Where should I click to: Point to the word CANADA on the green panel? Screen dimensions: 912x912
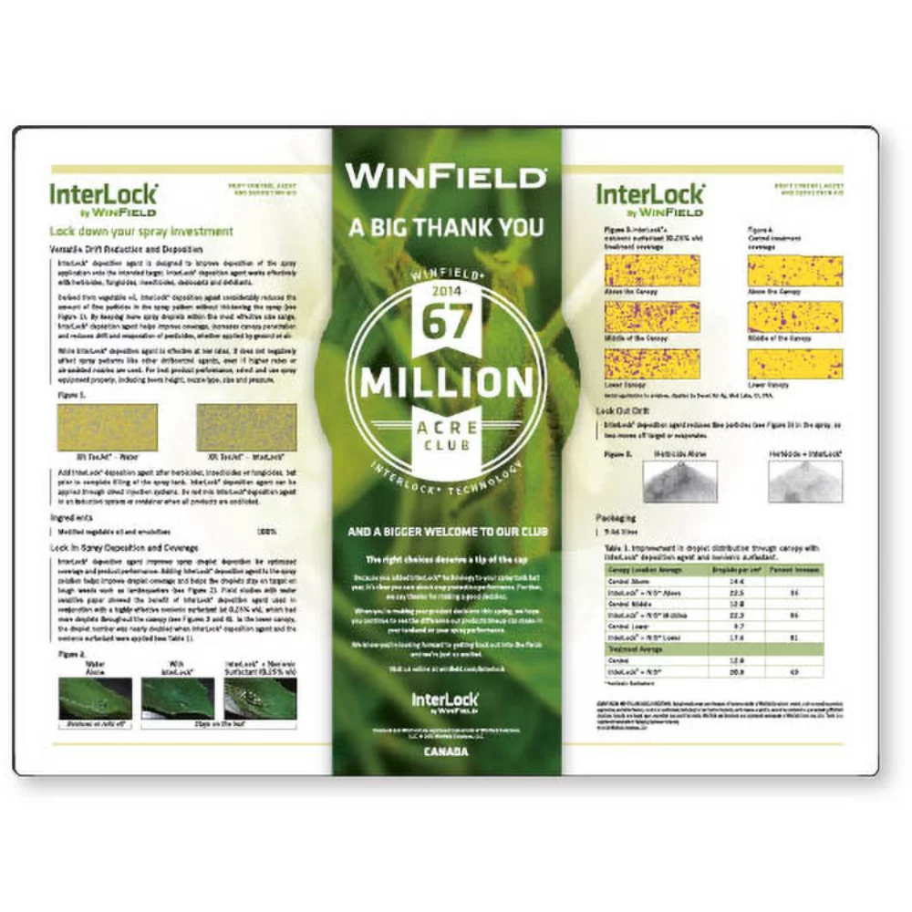click(x=446, y=752)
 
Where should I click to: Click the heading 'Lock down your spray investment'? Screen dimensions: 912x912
click(x=141, y=232)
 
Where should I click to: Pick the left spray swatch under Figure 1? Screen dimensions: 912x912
click(x=107, y=427)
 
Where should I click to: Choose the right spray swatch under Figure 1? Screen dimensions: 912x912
click(x=246, y=427)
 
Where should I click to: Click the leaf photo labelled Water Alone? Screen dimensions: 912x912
click(x=95, y=697)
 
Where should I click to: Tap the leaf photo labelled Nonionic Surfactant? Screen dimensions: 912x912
click(x=260, y=697)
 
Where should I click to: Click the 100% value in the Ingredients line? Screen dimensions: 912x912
click(x=267, y=531)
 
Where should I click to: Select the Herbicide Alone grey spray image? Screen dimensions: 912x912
click(x=679, y=481)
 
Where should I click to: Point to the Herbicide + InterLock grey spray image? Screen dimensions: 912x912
click(x=805, y=481)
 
